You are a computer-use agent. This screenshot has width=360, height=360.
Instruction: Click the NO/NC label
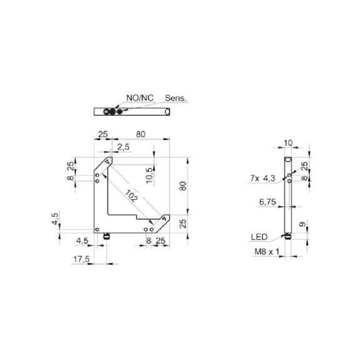click(x=140, y=98)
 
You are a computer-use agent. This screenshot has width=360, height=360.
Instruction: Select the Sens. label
click(x=176, y=98)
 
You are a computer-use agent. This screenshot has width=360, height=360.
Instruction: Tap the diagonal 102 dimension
click(x=131, y=196)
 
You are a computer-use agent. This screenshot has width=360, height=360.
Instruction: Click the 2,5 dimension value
click(x=123, y=147)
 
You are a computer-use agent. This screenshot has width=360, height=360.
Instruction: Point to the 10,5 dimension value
click(x=149, y=175)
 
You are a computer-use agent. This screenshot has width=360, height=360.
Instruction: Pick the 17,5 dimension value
click(x=81, y=259)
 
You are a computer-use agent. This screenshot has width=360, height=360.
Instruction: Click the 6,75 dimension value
click(x=267, y=202)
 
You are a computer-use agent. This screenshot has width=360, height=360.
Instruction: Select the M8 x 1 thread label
click(x=267, y=252)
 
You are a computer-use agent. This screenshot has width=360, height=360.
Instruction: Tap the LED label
click(x=259, y=237)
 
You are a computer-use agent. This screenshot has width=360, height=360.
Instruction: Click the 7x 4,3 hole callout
click(x=263, y=178)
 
